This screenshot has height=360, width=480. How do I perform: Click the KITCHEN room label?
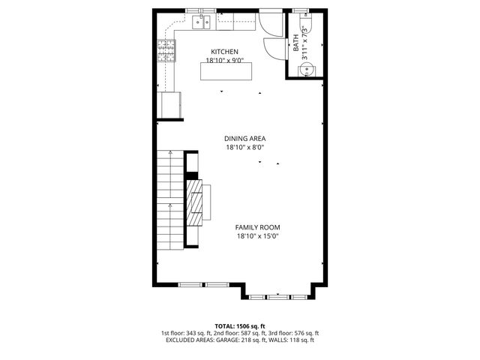tap(224, 51)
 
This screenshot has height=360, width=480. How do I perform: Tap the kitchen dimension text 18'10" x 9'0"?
tap(224, 61)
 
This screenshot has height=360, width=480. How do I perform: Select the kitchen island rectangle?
tap(226, 70)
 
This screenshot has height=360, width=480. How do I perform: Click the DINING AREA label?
tap(245, 138)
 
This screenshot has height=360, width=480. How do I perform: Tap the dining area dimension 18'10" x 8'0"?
tap(245, 148)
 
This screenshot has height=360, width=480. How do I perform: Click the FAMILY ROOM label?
tap(257, 227)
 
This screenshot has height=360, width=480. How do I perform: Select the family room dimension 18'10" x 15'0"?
tap(257, 237)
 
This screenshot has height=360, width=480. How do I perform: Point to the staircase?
tap(170, 199)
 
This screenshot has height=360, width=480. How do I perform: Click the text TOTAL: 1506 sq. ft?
tap(240, 326)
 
